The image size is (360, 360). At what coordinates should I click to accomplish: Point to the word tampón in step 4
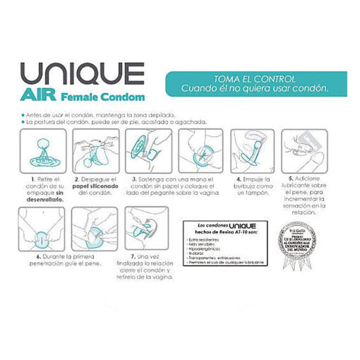coord(258,192)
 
